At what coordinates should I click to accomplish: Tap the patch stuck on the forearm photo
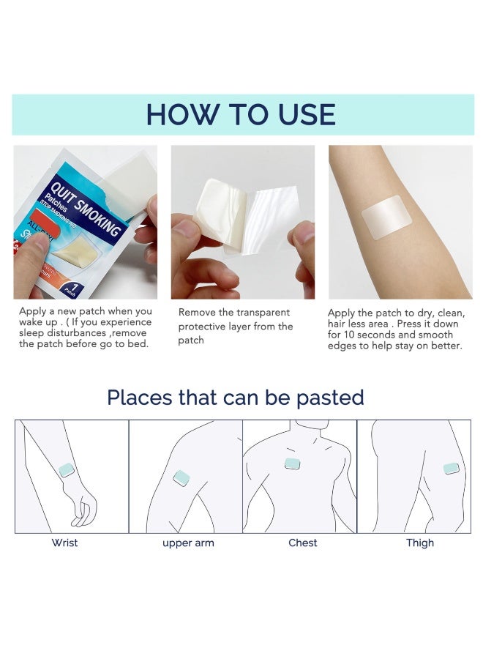[386, 217]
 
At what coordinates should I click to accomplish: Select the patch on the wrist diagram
[67, 469]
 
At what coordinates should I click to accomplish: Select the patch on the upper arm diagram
[181, 479]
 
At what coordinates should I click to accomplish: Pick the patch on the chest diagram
[293, 464]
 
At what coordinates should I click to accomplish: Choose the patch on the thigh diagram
[451, 468]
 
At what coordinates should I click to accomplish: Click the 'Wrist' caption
[64, 543]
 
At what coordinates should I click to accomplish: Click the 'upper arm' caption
[188, 543]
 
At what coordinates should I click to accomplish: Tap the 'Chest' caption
[303, 543]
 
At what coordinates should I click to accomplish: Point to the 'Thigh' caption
[420, 543]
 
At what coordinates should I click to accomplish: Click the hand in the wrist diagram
[85, 505]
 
